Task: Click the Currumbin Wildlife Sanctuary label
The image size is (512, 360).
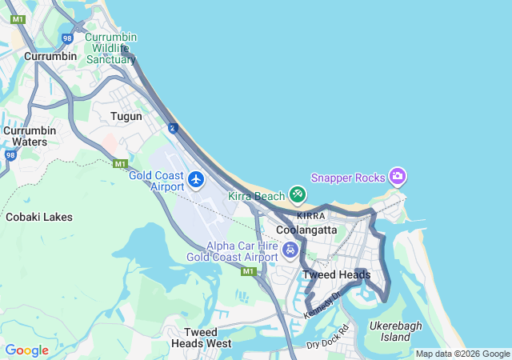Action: (110, 48)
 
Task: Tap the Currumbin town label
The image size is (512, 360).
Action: (50, 56)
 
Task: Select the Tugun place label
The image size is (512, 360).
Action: (126, 116)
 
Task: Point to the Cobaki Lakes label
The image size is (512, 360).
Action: (39, 217)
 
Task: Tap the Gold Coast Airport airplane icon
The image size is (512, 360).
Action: (197, 178)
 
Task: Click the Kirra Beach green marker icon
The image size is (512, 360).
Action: (298, 194)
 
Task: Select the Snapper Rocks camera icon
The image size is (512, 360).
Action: (398, 176)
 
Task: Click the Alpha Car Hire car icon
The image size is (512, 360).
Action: (290, 250)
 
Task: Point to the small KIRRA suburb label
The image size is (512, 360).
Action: (310, 216)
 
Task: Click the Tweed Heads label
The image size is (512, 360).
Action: (337, 275)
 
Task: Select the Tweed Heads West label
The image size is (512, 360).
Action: (196, 338)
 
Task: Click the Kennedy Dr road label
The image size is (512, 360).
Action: (322, 303)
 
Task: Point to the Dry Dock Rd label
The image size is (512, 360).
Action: (328, 337)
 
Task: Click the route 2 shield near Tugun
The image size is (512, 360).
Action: (173, 127)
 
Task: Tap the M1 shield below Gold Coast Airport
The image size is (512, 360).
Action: (248, 271)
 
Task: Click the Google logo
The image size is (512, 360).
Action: (26, 350)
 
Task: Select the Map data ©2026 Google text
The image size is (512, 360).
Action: (462, 354)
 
